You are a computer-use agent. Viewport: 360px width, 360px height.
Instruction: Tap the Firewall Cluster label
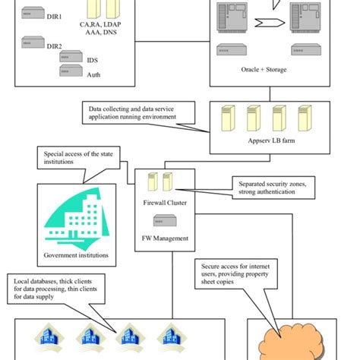pyautogui.click(x=165, y=204)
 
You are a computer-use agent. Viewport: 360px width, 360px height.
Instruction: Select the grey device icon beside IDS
pyautogui.click(x=73, y=58)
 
